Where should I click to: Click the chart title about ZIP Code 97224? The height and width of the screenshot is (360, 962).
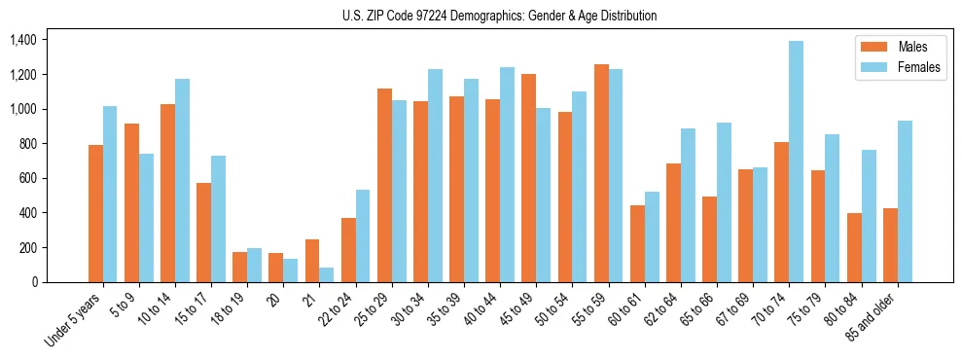(499, 16)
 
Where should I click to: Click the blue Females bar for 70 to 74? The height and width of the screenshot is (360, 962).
(797, 162)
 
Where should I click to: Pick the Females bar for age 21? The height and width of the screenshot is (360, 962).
(327, 274)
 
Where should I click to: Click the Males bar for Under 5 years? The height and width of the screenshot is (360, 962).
(95, 213)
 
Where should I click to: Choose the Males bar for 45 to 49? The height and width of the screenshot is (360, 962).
(529, 178)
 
